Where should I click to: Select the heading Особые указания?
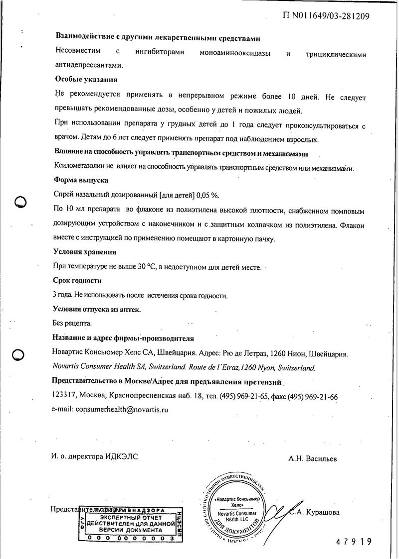[85, 79]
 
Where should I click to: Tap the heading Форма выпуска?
[80, 180]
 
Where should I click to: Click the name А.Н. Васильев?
[312, 458]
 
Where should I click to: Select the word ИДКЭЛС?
[122, 456]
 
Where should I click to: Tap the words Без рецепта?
[72, 323]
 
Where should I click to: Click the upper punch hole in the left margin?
[21, 202]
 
